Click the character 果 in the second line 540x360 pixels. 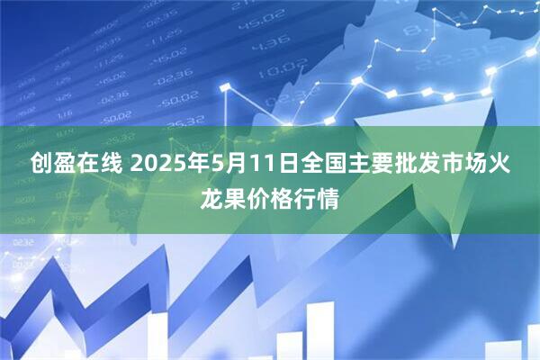coord(235,198)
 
